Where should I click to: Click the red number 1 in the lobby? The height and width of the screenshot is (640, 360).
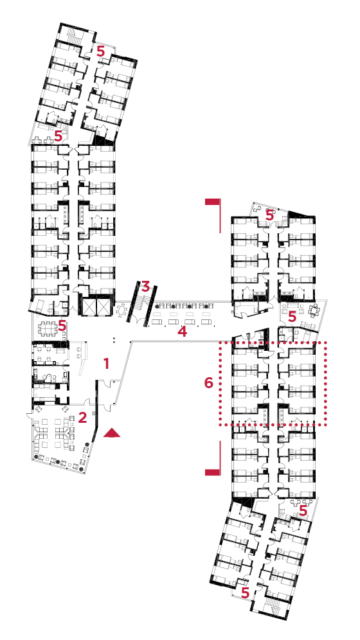pyautogui.click(x=107, y=363)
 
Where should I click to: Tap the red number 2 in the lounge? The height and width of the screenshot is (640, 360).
pyautogui.click(x=82, y=418)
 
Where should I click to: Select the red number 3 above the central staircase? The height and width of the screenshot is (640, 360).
pyautogui.click(x=146, y=286)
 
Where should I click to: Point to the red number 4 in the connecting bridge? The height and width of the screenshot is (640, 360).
pyautogui.click(x=182, y=332)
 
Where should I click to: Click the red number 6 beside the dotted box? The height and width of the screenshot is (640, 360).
pyautogui.click(x=208, y=383)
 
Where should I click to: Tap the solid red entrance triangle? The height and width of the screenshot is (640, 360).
pyautogui.click(x=112, y=433)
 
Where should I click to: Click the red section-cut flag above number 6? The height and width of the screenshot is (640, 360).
pyautogui.click(x=213, y=215)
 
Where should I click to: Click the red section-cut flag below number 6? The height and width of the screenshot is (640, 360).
pyautogui.click(x=213, y=458)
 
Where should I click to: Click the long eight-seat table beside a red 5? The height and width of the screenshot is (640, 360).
pyautogui.click(x=48, y=326)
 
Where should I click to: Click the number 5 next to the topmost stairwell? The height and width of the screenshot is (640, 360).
pyautogui.click(x=100, y=51)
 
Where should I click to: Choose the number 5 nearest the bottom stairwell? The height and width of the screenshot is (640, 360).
pyautogui.click(x=245, y=592)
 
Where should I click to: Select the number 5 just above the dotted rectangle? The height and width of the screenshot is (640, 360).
pyautogui.click(x=292, y=316)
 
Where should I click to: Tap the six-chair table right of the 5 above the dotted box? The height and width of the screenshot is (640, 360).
pyautogui.click(x=314, y=310)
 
